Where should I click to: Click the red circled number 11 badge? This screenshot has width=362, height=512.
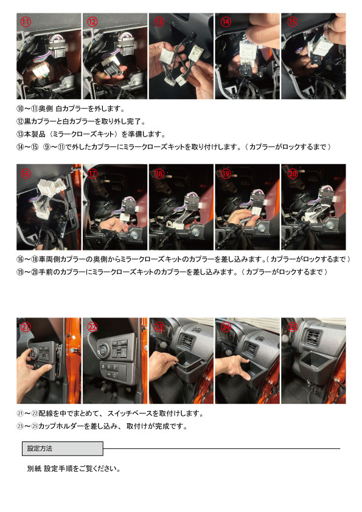click(26, 21)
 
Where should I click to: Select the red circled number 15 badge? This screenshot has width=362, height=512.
click(292, 21)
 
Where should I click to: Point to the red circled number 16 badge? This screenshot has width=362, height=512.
click(26, 173)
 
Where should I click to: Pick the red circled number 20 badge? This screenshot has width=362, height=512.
click(292, 173)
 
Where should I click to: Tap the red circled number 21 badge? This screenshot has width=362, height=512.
click(26, 327)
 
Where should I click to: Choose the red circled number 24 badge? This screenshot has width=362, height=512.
click(226, 327)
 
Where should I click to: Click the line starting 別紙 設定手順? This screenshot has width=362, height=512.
click(73, 469)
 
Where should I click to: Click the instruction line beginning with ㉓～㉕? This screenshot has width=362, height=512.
click(101, 426)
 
